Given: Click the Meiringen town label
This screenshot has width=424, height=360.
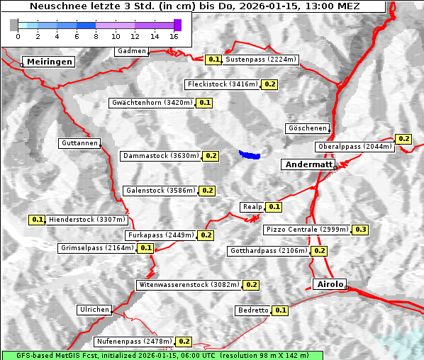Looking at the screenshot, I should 50,62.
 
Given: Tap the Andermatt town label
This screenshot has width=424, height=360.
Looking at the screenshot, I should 309,164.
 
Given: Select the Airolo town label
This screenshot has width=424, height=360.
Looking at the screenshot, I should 330,284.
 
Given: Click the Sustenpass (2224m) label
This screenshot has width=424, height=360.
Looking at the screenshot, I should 261,60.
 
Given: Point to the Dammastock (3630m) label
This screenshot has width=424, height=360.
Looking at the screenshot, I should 160,155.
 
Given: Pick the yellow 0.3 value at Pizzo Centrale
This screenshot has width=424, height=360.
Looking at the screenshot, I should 360,230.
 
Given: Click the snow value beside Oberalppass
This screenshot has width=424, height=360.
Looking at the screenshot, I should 403,139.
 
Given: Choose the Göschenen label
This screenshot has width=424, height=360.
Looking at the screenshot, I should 307,128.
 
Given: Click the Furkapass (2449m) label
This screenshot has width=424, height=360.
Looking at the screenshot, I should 160,235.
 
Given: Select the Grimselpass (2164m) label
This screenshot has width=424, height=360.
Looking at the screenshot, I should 96,248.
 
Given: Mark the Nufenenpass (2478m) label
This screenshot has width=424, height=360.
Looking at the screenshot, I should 134,342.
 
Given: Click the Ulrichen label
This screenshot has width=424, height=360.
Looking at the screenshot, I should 94,310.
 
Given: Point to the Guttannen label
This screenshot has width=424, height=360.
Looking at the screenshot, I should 79,143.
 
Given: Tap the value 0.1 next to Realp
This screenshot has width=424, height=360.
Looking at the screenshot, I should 274,207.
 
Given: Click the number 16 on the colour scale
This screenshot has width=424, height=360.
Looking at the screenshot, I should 174,36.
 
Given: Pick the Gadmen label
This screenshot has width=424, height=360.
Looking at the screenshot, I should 132,51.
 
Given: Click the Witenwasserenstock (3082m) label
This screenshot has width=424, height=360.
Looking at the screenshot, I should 188,285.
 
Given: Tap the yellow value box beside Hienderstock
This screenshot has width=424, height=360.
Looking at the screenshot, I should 38,220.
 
